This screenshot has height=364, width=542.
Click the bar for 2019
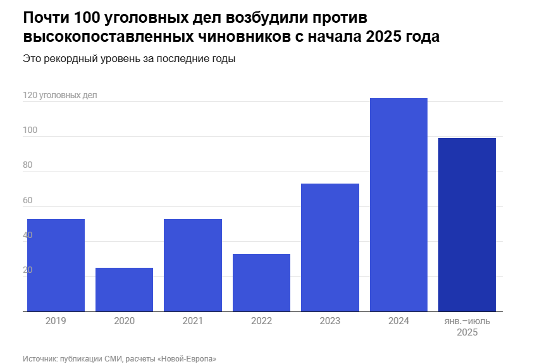coord(56,265)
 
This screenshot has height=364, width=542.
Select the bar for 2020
coord(124,289)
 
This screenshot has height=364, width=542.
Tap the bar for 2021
coord(193,265)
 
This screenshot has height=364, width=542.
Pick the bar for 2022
coord(261,282)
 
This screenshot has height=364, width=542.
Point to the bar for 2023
coord(330,248)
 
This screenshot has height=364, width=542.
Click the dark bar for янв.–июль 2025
coord(467,225)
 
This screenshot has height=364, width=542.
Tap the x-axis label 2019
coord(56,321)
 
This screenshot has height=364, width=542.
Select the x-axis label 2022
coord(261,321)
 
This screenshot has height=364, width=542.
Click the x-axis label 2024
coord(398,321)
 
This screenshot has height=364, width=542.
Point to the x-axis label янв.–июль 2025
coord(467,327)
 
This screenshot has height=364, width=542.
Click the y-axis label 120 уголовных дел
coord(60,96)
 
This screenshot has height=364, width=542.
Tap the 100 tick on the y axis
coord(30,130)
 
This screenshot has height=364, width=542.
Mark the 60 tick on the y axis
coord(28,201)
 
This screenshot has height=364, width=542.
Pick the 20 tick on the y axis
coord(28,270)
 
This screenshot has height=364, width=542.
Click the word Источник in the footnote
coord(40,358)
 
